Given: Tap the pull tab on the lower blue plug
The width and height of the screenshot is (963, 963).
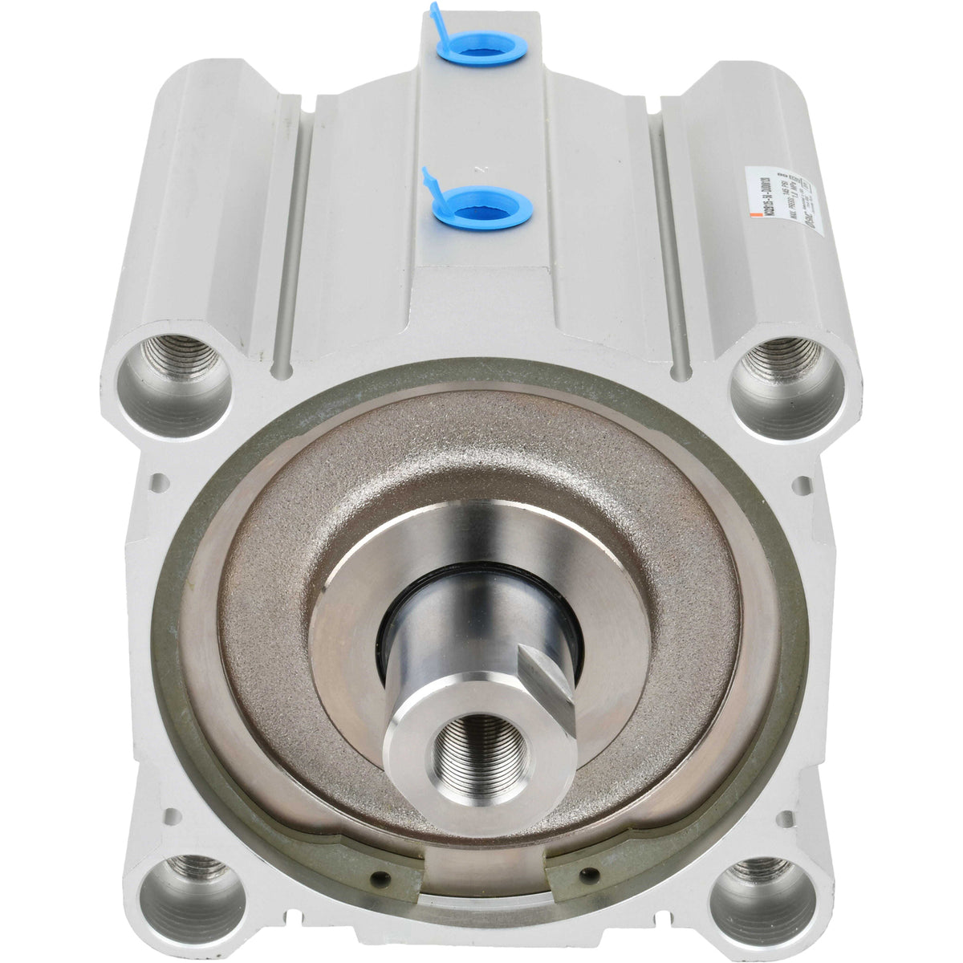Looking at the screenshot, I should pos(429,180).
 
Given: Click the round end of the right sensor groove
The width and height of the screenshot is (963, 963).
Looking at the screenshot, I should pos(683,371).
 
